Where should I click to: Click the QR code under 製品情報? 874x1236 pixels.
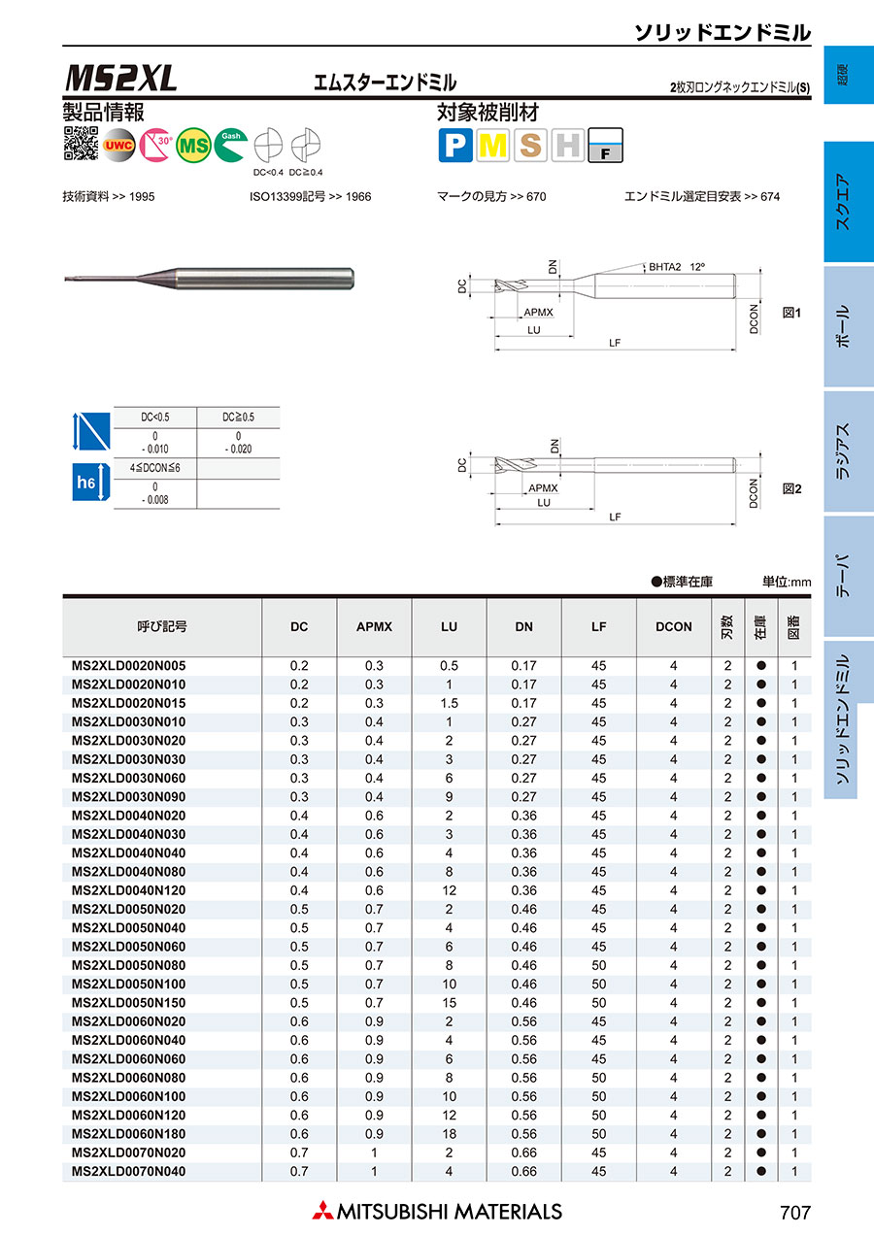tap(81, 144)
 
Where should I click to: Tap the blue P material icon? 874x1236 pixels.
tap(454, 146)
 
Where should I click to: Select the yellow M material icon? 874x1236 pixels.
tap(493, 146)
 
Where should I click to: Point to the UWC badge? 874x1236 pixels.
tap(118, 146)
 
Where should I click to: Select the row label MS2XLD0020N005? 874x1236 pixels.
tap(129, 666)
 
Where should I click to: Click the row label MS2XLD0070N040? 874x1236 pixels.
tap(129, 1171)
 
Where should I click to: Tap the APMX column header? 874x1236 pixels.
tap(374, 627)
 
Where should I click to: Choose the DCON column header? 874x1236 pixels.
tap(673, 627)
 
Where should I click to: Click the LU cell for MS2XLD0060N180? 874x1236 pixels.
tap(449, 1134)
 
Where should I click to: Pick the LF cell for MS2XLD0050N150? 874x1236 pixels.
tap(598, 1003)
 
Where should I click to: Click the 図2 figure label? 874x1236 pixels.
tap(791, 489)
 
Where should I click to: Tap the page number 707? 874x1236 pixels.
tap(793, 1213)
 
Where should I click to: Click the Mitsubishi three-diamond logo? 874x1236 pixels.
tap(321, 1212)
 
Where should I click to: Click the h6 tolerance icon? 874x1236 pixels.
tap(87, 482)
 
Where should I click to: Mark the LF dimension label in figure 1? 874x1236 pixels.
tap(615, 342)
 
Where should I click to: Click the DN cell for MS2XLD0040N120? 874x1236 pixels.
tap(523, 890)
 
